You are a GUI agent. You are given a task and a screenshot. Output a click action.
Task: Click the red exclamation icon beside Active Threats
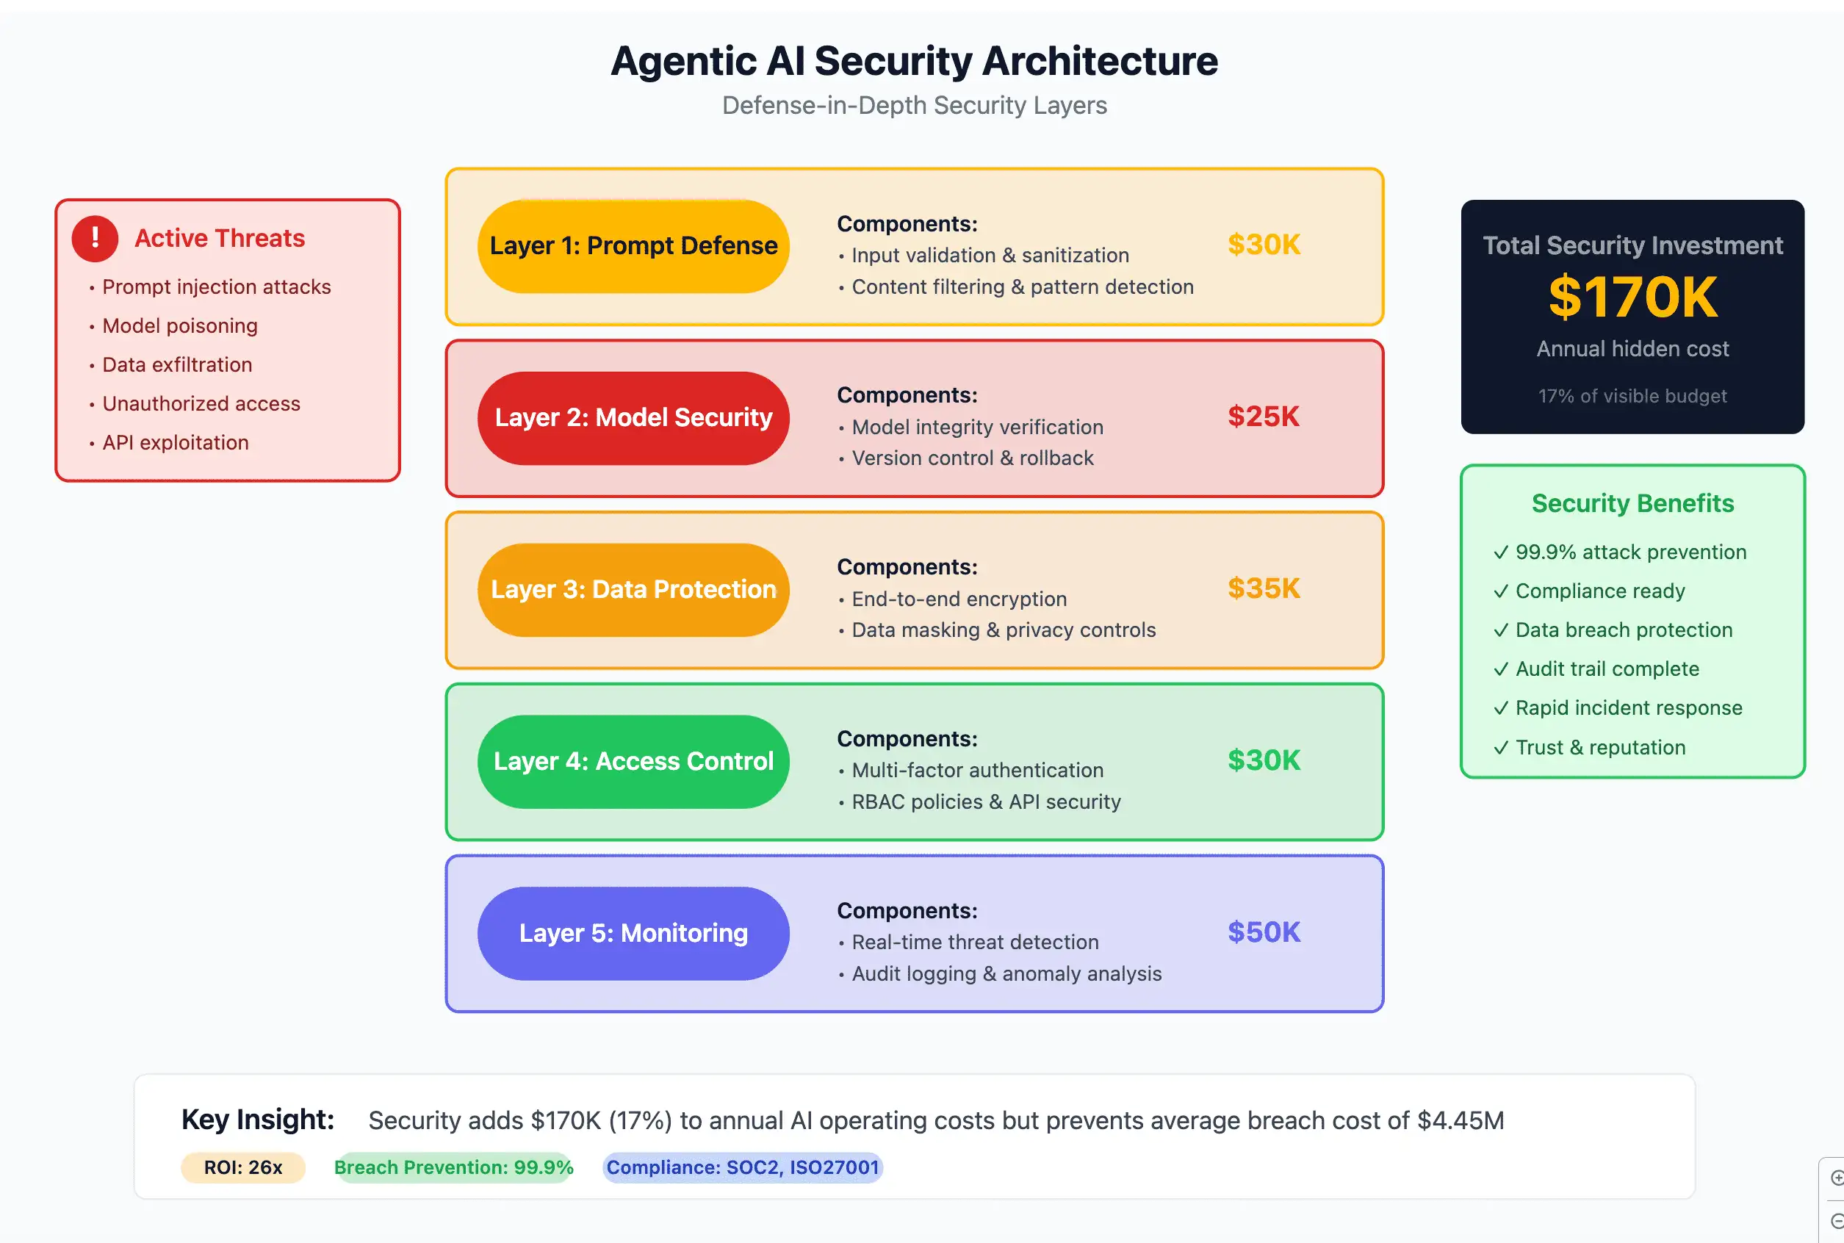pos(95,238)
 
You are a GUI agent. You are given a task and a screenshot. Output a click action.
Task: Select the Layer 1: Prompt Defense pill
pos(633,246)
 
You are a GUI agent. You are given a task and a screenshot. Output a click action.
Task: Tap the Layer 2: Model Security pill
pos(633,418)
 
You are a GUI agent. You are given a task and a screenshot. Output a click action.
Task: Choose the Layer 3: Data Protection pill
pos(633,590)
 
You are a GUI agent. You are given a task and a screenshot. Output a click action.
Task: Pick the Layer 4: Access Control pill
pos(633,761)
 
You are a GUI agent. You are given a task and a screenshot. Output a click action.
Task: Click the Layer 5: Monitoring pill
pos(633,933)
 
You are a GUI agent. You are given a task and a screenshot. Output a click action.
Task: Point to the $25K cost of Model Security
pos(1263,417)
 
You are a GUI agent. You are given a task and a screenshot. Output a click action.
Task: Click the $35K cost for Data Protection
pos(1263,588)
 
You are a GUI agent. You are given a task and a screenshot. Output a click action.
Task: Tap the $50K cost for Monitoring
pos(1263,932)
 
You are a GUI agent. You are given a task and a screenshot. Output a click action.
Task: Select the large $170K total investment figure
pos(1632,298)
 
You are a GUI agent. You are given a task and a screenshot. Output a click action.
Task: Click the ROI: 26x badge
pos(242,1167)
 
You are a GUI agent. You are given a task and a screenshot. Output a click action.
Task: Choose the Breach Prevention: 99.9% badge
pos(453,1167)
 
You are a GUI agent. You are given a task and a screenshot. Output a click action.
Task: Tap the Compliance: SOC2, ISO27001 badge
pos(742,1167)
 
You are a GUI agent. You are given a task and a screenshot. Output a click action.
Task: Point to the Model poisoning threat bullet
pos(179,326)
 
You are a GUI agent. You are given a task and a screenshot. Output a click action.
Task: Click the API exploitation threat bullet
pos(175,442)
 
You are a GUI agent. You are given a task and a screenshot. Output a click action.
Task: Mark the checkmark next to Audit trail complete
pos(1501,669)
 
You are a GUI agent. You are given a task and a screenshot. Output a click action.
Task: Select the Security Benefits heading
pos(1632,503)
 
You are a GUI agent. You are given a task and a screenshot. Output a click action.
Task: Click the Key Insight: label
pos(258,1120)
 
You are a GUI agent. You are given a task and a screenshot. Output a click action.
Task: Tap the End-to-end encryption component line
pos(959,599)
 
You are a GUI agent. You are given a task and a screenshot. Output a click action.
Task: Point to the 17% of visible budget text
pos(1632,395)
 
